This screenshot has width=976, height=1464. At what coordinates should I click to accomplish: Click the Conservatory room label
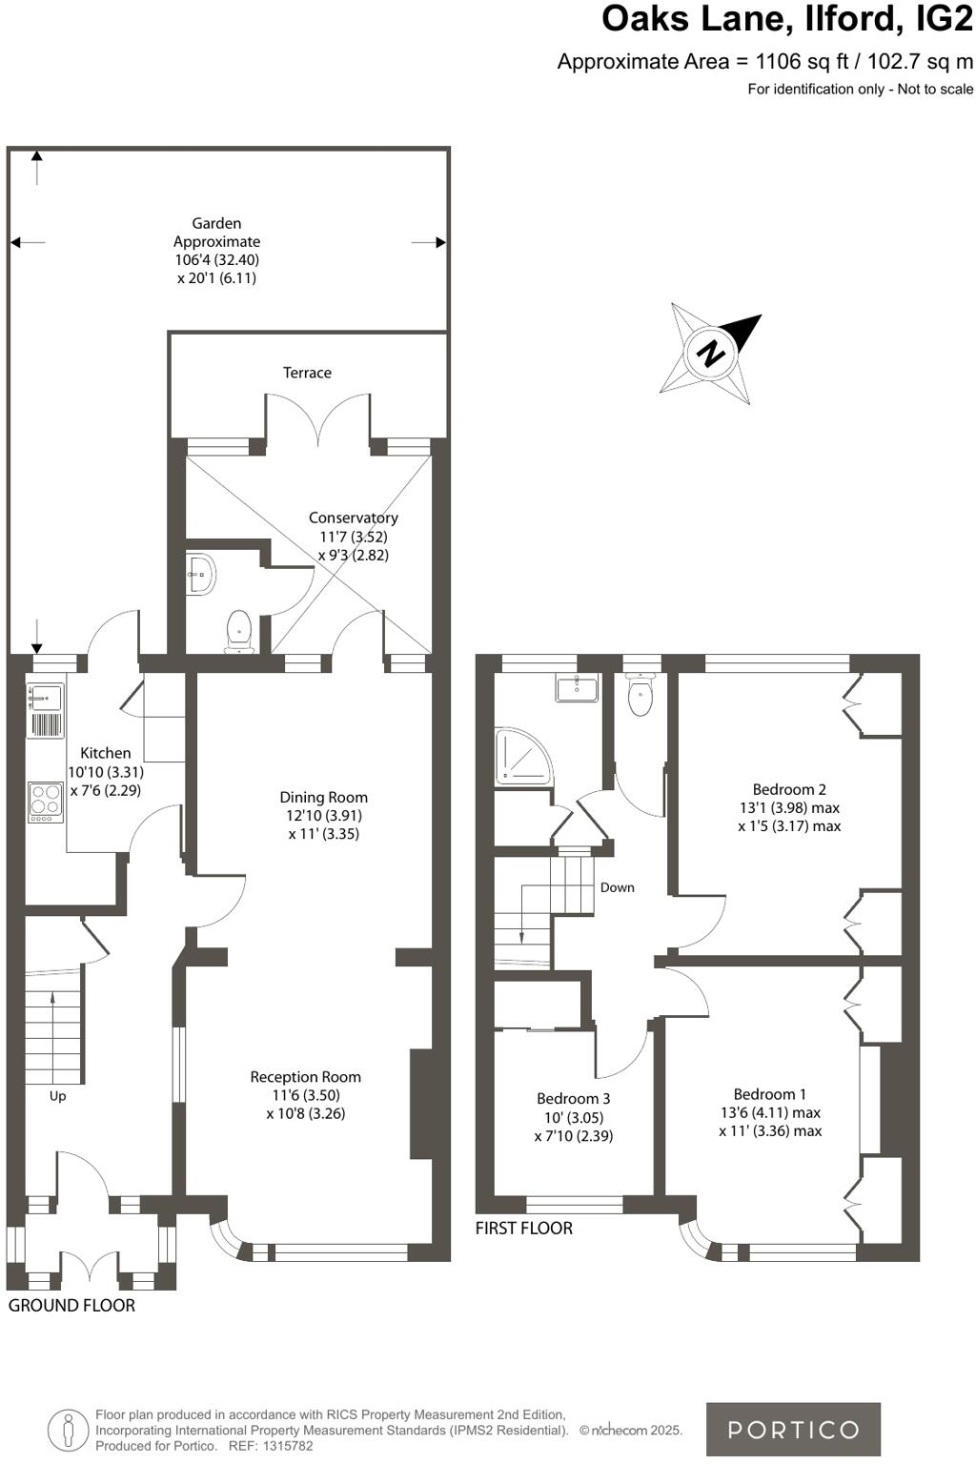coord(353,518)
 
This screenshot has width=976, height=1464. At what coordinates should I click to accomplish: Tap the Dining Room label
coord(323,797)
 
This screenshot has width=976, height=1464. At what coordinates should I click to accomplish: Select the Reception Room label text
coord(305,1077)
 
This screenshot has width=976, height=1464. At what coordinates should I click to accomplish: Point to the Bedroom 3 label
coord(573,1099)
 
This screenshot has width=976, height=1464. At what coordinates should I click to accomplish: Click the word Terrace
coord(307,373)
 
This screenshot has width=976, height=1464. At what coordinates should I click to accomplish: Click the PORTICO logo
coord(793,1429)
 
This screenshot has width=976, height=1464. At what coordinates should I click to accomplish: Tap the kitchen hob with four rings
coord(45,802)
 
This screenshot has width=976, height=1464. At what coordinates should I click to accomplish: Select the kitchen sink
coord(45,698)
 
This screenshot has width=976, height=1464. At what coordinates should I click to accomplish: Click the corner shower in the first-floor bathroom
coord(521,758)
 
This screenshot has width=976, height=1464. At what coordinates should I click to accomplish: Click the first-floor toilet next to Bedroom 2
coord(640,695)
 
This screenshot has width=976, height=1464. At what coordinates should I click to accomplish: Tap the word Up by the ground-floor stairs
coord(57,1096)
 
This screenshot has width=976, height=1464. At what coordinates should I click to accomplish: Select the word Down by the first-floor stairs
coord(617,887)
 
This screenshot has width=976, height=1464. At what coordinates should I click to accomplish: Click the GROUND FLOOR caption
coord(71,1305)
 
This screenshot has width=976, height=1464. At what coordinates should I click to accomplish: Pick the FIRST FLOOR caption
coord(524,1228)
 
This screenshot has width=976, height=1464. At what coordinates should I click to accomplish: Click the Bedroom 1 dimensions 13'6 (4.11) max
coord(770,1112)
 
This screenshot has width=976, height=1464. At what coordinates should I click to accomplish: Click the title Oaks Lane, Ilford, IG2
coord(786,19)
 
